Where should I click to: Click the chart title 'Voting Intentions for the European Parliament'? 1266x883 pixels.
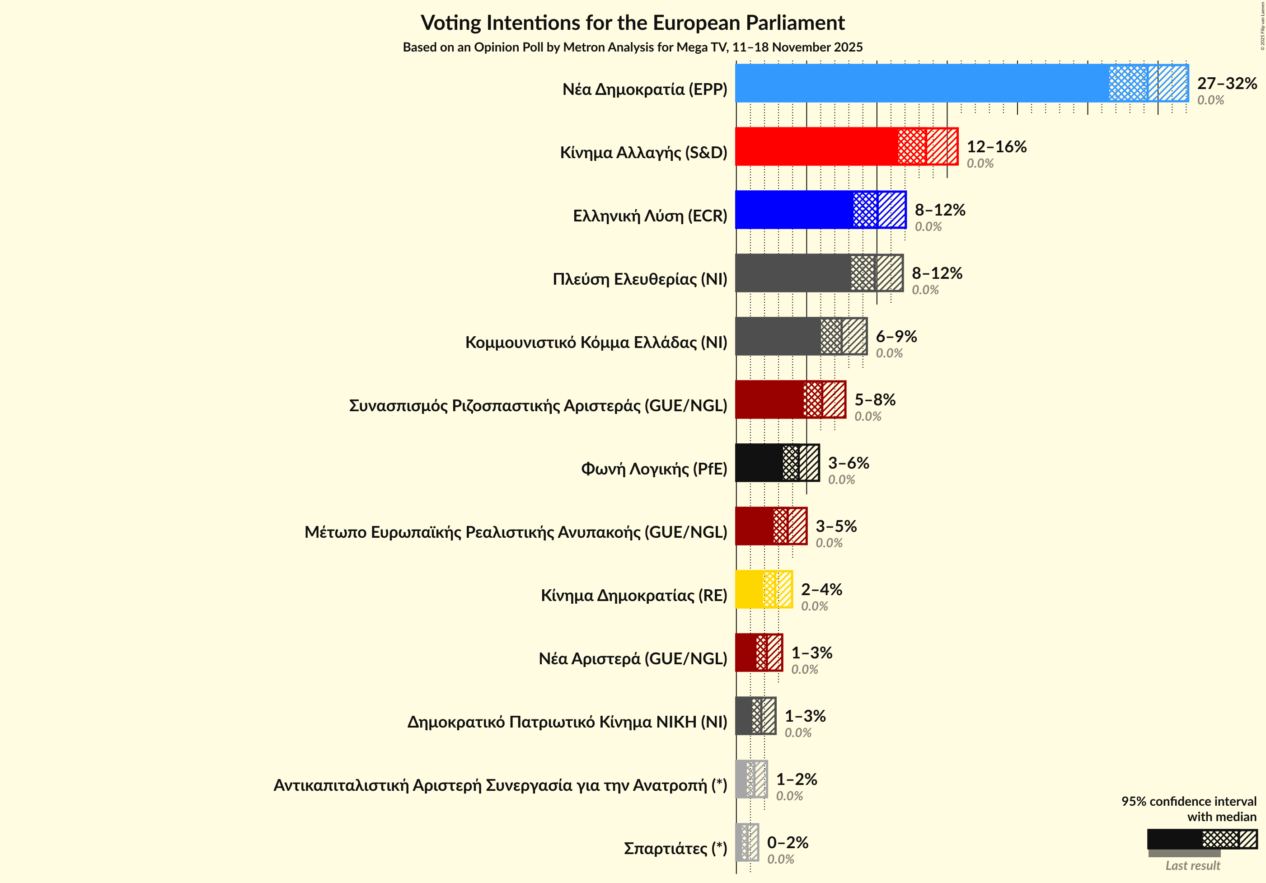click(633, 23)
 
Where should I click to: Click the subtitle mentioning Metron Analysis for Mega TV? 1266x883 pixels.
click(633, 47)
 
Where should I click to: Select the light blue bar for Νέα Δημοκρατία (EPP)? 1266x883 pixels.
click(921, 83)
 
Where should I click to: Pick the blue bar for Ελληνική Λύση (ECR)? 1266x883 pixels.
click(794, 210)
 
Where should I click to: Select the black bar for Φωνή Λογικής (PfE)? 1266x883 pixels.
click(759, 463)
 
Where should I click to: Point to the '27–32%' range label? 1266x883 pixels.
click(1227, 83)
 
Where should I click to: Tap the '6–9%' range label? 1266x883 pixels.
click(896, 336)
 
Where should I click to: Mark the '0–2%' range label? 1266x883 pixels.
click(788, 843)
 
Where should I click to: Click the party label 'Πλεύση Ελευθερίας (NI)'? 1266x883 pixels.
click(640, 279)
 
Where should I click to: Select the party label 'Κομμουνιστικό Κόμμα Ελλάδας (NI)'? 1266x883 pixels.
click(596, 343)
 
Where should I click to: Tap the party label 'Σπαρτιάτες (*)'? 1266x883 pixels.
click(675, 848)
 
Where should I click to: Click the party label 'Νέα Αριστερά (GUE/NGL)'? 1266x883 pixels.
click(633, 658)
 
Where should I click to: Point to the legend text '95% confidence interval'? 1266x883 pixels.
click(1188, 801)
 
